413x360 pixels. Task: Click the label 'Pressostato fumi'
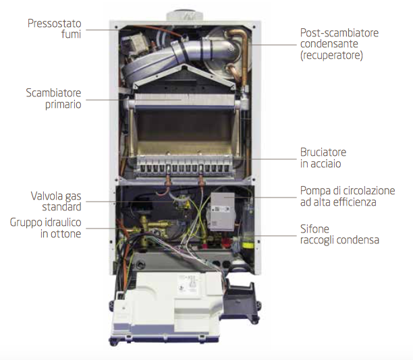[x=54, y=28]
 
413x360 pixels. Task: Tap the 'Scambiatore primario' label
[x=53, y=98]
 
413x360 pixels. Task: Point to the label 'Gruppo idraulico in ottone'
[x=45, y=228]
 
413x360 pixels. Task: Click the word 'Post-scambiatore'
[x=339, y=32]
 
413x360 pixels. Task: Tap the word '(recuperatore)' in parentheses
[x=331, y=56]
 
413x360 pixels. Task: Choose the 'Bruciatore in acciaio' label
[x=323, y=158]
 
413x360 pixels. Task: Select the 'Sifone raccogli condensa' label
[x=339, y=234]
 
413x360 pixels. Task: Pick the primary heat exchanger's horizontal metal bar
[x=182, y=100]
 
